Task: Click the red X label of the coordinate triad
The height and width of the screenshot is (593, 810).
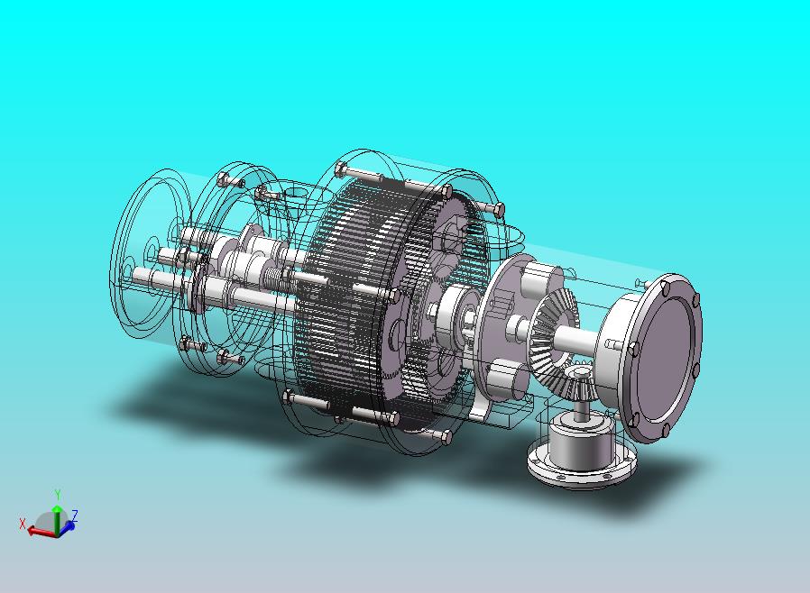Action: click(23, 524)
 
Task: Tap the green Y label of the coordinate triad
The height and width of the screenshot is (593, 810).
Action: click(58, 495)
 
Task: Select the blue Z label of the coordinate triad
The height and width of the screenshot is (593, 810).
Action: click(75, 515)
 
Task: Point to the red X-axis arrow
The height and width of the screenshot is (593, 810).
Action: click(41, 531)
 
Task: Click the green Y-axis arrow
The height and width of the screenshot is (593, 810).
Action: click(57, 519)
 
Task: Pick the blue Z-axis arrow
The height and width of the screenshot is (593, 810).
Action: click(66, 527)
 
